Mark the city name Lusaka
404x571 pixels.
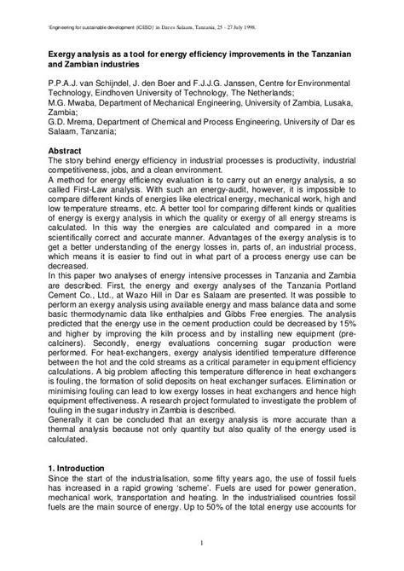(x=331, y=108)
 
